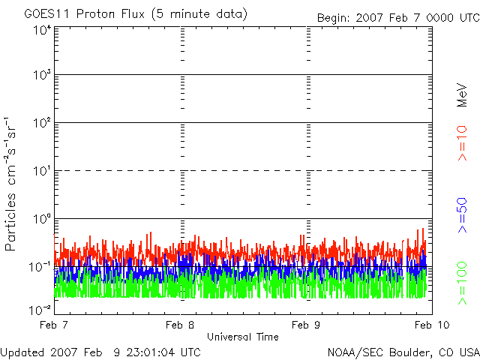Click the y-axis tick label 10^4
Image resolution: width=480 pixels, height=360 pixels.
[41, 30]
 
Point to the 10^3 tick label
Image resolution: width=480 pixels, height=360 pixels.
[41, 75]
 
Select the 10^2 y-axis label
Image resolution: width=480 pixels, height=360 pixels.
[41, 122]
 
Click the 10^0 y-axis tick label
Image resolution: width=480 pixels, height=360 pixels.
[41, 218]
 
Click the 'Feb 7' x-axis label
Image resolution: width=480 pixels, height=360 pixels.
[54, 325]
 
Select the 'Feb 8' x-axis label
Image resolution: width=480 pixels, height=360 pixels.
[180, 325]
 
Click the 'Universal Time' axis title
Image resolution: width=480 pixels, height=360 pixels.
[242, 337]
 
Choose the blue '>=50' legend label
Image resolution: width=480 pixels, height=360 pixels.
[462, 214]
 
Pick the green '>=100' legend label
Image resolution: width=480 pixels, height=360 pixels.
[462, 283]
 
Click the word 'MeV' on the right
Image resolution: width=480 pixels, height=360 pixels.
[462, 94]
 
